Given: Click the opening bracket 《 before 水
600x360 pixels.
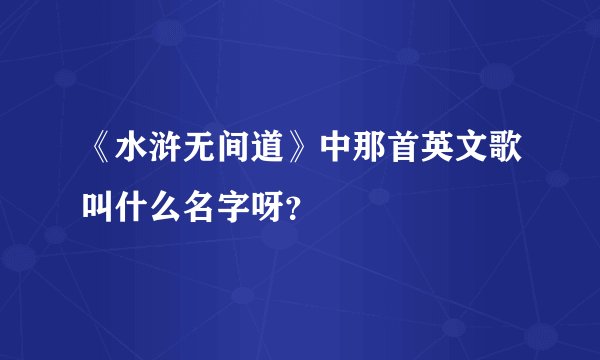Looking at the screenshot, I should point(100,153).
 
